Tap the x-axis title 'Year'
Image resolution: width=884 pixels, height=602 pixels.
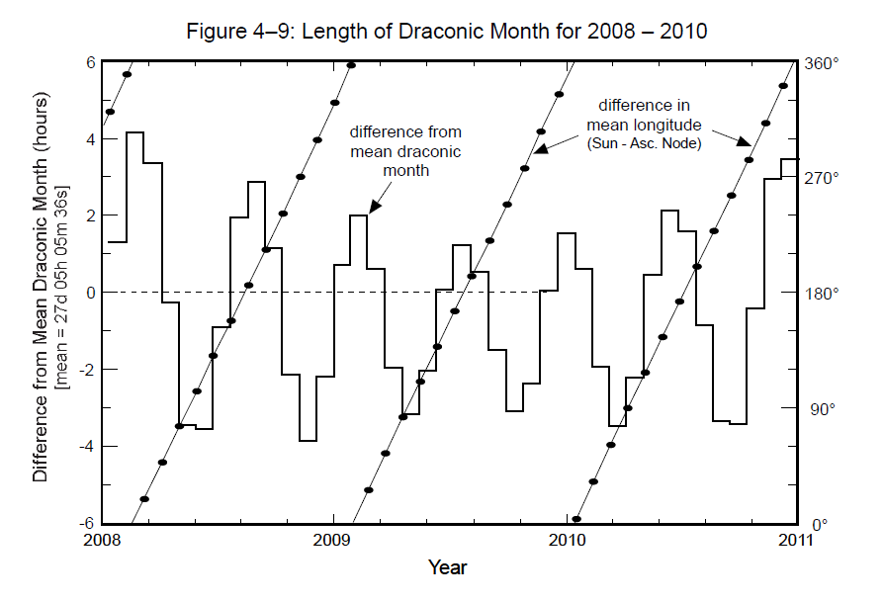tap(447, 567)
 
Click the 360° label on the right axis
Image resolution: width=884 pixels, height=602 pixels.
tap(823, 62)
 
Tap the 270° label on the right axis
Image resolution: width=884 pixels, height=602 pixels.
tap(823, 178)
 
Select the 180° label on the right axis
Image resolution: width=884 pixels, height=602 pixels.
tap(823, 294)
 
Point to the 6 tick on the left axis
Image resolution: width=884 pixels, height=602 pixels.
tap(89, 62)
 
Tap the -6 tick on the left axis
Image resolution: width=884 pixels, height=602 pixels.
tap(86, 523)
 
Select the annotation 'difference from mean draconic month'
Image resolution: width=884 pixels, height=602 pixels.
tap(405, 150)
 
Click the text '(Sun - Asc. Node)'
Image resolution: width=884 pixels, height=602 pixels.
tap(644, 144)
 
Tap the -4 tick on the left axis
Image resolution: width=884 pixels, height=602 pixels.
tap(86, 446)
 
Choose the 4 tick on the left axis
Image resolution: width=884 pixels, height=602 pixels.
tap(89, 139)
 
